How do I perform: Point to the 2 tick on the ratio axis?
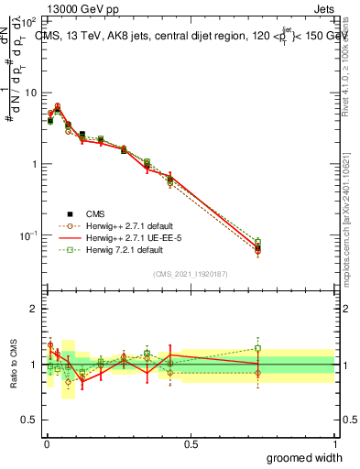[35, 309]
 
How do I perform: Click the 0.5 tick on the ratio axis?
[31, 420]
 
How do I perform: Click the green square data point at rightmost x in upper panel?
[258, 242]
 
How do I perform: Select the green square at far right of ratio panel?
[258, 348]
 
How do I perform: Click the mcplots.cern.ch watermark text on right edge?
[351, 234]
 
